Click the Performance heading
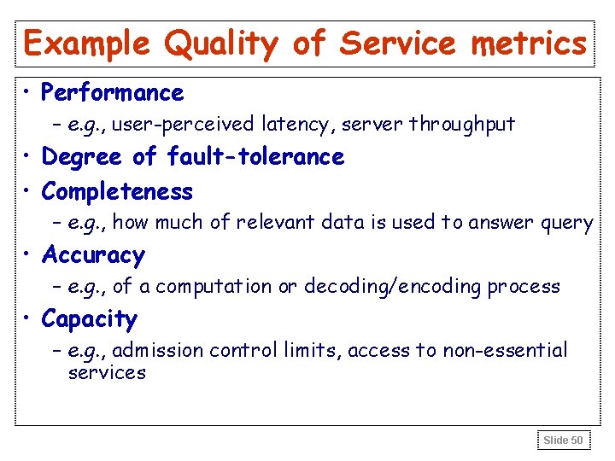pyautogui.click(x=112, y=92)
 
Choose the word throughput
pyautogui.click(x=462, y=125)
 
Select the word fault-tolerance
pyautogui.click(x=255, y=157)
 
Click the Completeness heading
pyautogui.click(x=117, y=191)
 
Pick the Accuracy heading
pyautogui.click(x=93, y=255)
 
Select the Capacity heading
pyautogui.click(x=89, y=319)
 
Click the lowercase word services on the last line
pyautogui.click(x=107, y=373)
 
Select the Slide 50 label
pyautogui.click(x=563, y=441)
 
